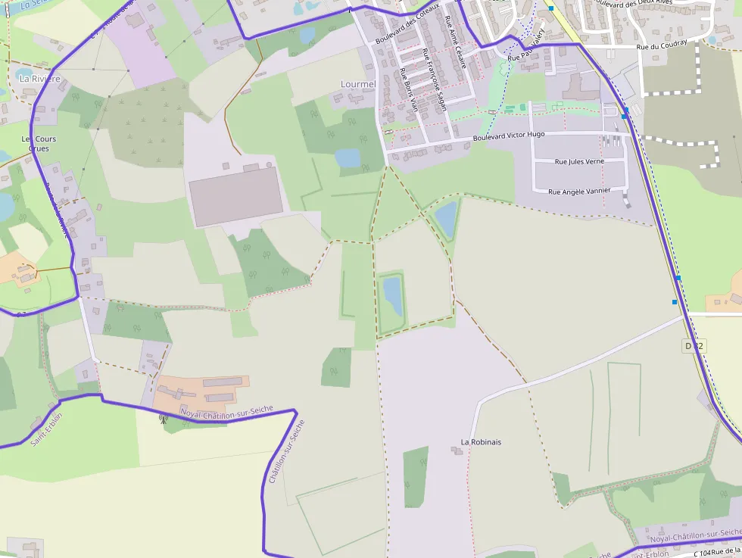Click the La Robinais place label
pos(481,441)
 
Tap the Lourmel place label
pos(358,83)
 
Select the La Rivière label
pos(36,78)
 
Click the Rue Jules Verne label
pos(579,161)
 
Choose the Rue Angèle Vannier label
pos(579,191)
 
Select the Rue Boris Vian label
pos(409,91)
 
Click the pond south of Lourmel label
pos(348,157)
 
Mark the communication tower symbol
pos(162,417)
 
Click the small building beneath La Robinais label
pos(457,451)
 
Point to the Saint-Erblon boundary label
pos(47,429)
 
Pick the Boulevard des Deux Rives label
pos(649,5)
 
